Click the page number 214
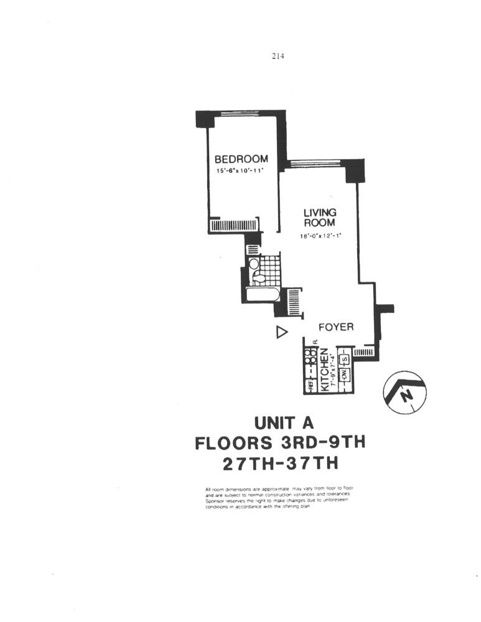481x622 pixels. [x=278, y=56]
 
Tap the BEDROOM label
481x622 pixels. [x=241, y=159]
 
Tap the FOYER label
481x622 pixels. [x=335, y=327]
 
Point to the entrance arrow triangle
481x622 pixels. [x=281, y=333]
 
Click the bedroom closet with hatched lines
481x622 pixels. [x=234, y=225]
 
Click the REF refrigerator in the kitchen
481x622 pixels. [x=310, y=384]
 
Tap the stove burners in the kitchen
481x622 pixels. [x=310, y=357]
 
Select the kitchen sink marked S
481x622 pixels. [x=343, y=358]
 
